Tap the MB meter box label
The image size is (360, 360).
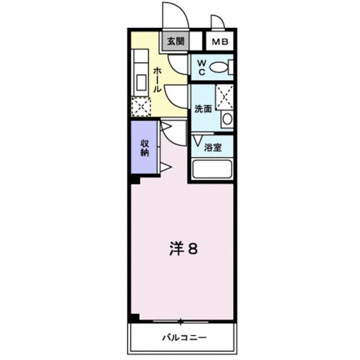[x=220, y=41]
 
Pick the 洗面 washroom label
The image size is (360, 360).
[x=202, y=109]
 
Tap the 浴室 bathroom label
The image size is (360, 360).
[x=212, y=148]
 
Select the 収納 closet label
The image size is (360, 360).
[x=145, y=148]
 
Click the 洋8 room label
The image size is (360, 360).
[x=183, y=249]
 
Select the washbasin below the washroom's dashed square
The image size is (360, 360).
[x=226, y=119]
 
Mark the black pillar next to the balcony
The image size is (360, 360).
[x=134, y=318]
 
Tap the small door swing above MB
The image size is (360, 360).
[x=217, y=22]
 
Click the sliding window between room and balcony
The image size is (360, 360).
[x=181, y=322]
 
